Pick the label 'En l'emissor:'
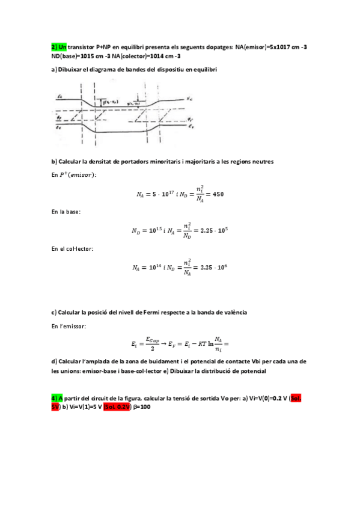click(x=69, y=325)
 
